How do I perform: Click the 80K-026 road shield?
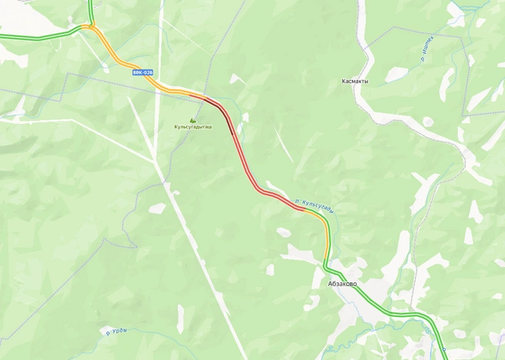click(142, 72)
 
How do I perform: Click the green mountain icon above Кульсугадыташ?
click(193, 120)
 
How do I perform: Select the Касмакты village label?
click(355, 81)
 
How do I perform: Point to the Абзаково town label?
click(343, 284)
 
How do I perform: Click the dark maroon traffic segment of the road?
click(222, 112)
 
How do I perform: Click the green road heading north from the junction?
click(92, 9)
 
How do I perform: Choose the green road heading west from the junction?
click(38, 36)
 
